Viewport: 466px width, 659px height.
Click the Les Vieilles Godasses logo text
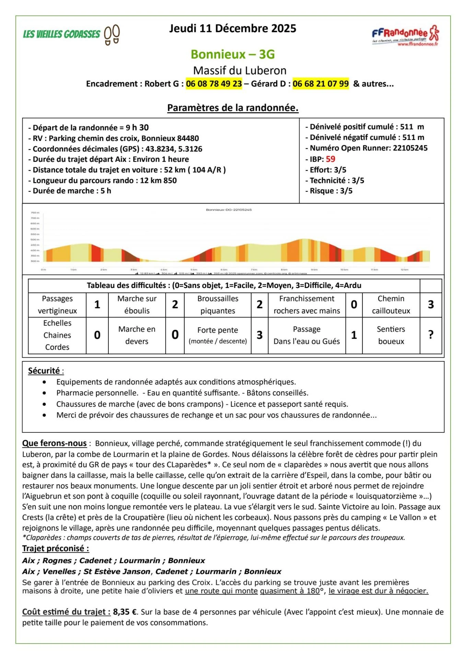pos(61,34)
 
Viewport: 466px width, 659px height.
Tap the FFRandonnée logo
pos(405,35)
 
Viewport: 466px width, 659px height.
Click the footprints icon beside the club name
pos(112,35)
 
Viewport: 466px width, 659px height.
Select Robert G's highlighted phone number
pos(214,84)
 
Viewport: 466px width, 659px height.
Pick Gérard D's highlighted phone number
pos(321,84)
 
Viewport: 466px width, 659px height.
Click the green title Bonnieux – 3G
pos(233,54)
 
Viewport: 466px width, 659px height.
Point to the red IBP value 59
pos(330,159)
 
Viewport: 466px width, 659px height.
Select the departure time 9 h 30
pos(137,128)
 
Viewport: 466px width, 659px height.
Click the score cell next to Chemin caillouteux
pos(431,304)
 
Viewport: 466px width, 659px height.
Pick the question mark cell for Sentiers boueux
pos(431,335)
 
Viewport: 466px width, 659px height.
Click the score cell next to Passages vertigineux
pos(97,304)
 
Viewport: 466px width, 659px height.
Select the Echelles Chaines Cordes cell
pos(57,335)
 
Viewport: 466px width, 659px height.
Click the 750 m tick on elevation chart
pos(35,213)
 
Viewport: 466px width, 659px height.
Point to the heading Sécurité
pos(44,371)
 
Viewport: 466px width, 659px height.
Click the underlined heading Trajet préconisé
pos(55,548)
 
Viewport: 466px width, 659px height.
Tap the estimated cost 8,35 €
pos(125,612)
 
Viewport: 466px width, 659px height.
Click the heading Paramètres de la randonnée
pos(233,108)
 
